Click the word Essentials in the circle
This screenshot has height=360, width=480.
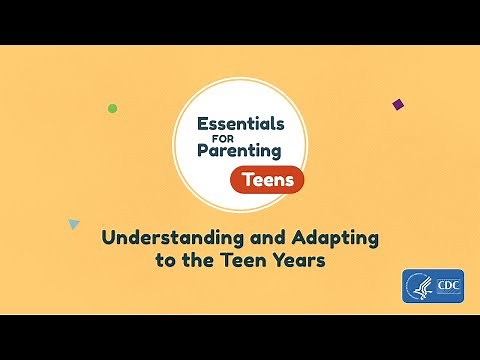[240, 125]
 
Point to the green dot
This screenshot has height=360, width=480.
[112, 108]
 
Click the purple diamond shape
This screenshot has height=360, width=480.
[397, 104]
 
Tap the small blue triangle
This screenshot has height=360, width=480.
[73, 224]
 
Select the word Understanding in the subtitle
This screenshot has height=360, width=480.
[164, 240]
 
